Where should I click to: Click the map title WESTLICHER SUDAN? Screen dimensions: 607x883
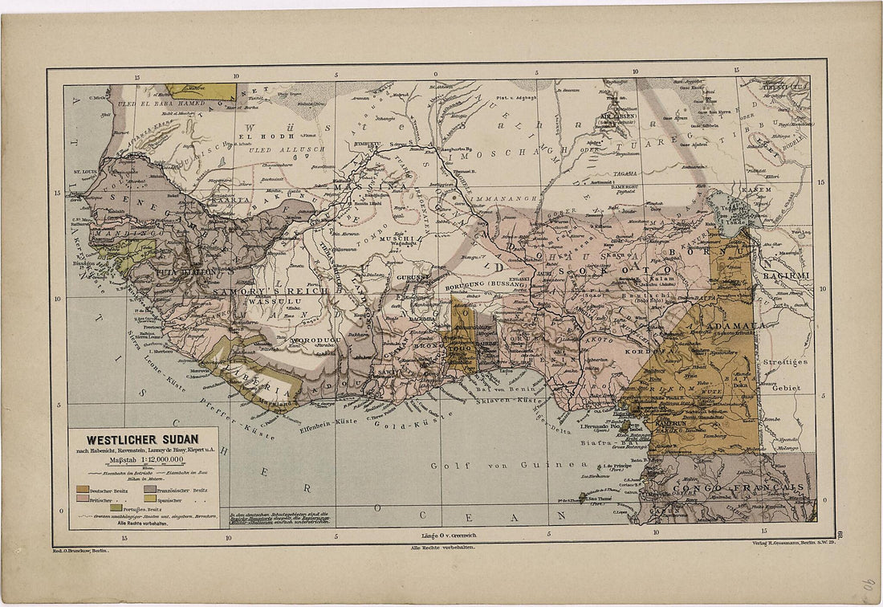[x=143, y=440]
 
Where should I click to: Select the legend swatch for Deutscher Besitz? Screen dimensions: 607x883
[x=83, y=489]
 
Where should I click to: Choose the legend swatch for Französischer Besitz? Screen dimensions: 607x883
[x=150, y=489]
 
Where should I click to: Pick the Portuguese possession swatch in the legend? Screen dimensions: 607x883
[x=116, y=507]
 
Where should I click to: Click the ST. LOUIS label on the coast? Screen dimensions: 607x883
[x=86, y=171]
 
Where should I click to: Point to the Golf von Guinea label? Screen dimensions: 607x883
[x=503, y=465]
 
